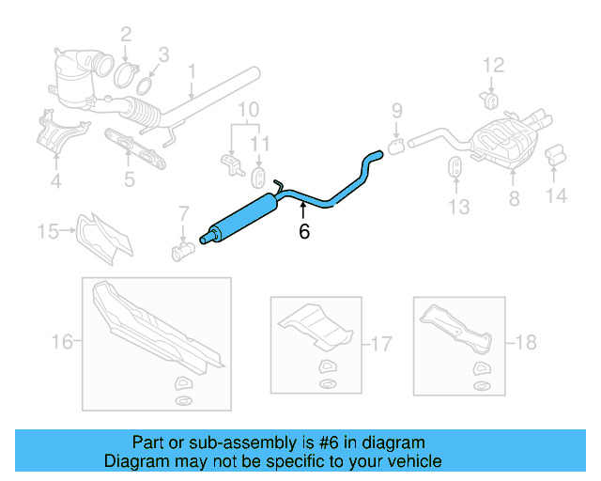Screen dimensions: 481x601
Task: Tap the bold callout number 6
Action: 303,231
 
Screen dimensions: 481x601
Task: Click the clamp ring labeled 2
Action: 129,69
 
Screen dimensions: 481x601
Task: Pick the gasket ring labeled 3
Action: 144,86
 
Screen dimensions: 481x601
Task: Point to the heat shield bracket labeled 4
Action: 53,132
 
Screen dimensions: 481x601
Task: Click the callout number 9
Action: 396,110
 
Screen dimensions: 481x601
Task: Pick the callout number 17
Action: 379,343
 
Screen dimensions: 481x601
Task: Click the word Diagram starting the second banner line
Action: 134,461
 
